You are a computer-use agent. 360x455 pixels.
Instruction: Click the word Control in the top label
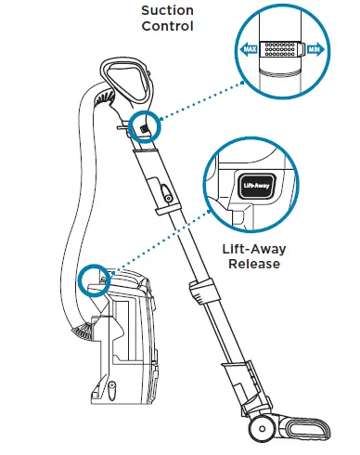click(x=167, y=26)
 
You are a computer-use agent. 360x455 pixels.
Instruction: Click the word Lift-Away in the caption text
click(x=259, y=250)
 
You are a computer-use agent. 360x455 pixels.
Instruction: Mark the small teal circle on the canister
click(x=93, y=278)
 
